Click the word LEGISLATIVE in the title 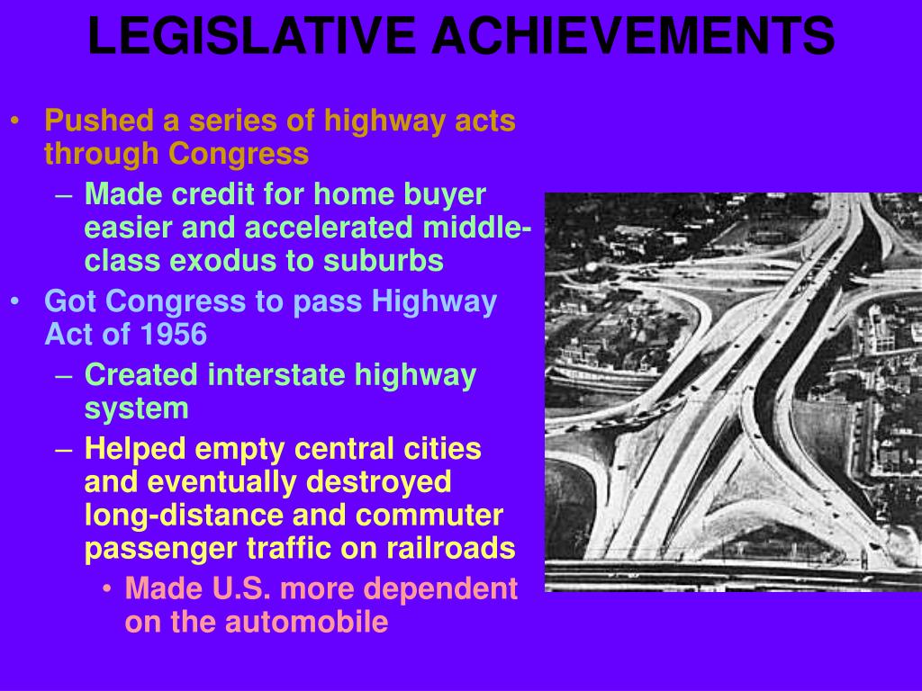coord(251,36)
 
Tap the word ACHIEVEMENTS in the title coord(633,36)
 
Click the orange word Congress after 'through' coord(238,155)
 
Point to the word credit coord(212,194)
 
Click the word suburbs coord(383,261)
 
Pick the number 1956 coord(174,335)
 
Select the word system coord(137,409)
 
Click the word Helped coord(135,450)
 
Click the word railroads coord(451,548)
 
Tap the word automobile coord(306,622)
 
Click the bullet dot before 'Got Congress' coord(15,301)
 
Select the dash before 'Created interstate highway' coord(64,376)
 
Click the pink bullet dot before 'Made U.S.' coord(106,588)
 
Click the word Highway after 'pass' coord(434,302)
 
